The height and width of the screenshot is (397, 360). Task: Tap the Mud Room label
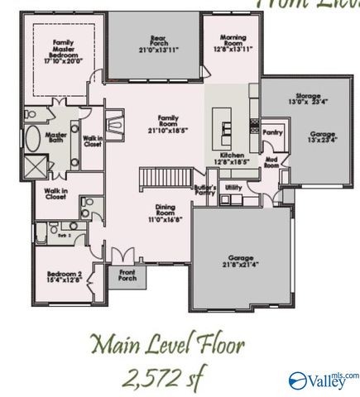(x=271, y=162)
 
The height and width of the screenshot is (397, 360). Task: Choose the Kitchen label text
(x=231, y=159)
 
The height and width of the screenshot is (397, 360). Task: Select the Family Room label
(x=163, y=124)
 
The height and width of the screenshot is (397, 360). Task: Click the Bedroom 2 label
(x=63, y=277)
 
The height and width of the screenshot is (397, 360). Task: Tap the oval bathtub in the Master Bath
(x=33, y=137)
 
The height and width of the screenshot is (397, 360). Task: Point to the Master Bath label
(x=56, y=139)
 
